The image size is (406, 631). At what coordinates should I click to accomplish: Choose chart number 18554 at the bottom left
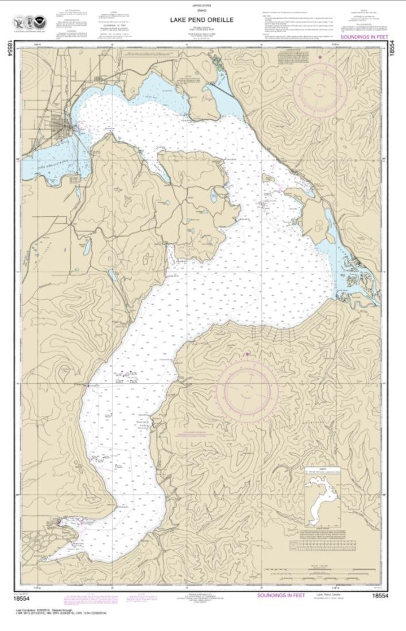click(22, 597)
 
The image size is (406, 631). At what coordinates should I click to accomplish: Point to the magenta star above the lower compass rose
click(248, 355)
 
